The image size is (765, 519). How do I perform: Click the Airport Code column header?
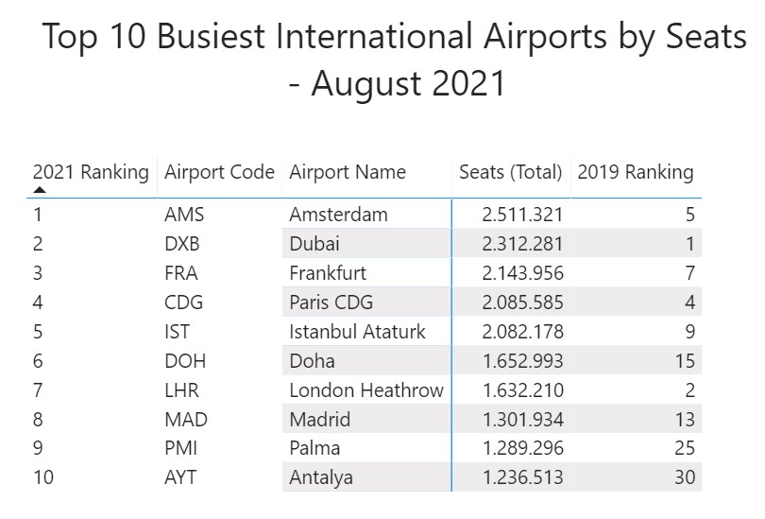(219, 173)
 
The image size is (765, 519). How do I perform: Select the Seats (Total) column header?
(510, 173)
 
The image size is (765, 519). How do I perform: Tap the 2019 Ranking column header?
(635, 173)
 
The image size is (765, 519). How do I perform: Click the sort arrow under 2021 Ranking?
(40, 190)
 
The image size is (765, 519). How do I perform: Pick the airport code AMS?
(183, 215)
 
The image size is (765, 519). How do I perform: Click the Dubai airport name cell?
(314, 244)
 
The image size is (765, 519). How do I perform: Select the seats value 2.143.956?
(522, 273)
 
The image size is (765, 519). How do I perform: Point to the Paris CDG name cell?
(331, 303)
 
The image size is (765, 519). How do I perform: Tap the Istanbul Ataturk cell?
(357, 332)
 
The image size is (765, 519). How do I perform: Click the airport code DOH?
(185, 361)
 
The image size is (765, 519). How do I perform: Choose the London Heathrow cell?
(365, 390)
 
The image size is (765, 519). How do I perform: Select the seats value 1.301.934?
(522, 420)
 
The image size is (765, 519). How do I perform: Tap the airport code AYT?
(180, 477)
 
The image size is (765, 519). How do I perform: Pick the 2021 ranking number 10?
(43, 477)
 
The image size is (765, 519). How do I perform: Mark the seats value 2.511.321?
(522, 215)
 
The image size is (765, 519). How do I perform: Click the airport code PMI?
(181, 448)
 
